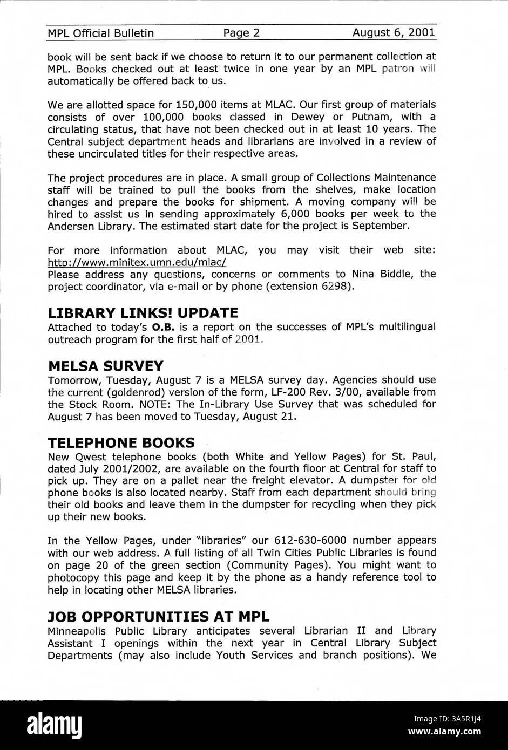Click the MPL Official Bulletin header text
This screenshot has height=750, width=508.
point(100,33)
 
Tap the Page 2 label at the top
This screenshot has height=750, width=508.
point(242,33)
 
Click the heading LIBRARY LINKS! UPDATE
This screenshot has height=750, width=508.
point(143,313)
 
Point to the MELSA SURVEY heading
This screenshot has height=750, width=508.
point(106,365)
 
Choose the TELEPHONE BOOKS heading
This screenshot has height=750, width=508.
point(121,443)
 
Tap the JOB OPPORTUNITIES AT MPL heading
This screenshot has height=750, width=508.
point(158,616)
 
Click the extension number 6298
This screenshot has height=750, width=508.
point(337,287)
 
